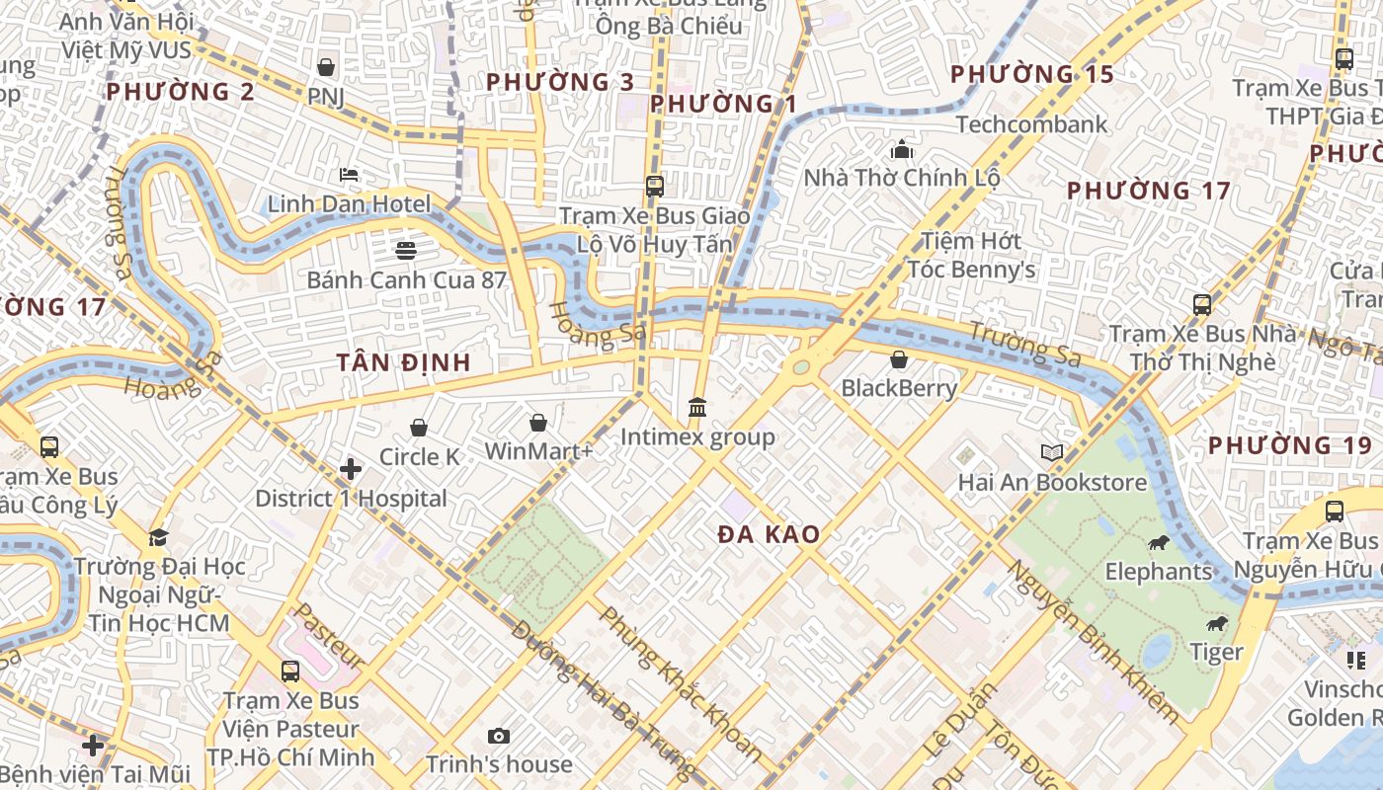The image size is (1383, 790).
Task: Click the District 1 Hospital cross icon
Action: [351, 468]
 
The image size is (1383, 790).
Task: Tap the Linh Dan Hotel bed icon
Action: [349, 175]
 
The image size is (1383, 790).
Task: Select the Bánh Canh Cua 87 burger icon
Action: [406, 250]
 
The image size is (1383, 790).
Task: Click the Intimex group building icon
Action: [697, 407]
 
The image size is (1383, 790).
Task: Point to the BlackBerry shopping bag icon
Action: [899, 359]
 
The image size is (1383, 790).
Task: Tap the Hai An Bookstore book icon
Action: [1052, 452]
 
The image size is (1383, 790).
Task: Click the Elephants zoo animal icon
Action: [1159, 542]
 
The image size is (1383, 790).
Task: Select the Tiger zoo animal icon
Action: [1216, 623]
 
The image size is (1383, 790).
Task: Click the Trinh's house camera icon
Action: [499, 736]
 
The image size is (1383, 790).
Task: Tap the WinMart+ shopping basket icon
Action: [538, 423]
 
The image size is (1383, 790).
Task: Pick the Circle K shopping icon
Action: [419, 428]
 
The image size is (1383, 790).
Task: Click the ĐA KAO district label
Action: [769, 534]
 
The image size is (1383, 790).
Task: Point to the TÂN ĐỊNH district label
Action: [403, 362]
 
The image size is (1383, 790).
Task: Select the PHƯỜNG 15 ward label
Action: [1031, 74]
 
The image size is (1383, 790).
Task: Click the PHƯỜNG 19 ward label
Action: [1290, 445]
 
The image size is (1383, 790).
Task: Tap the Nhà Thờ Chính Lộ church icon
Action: [901, 150]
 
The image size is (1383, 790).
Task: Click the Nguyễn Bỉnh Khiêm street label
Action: [1092, 640]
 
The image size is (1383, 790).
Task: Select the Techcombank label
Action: [1031, 124]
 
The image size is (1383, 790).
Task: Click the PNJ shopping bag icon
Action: [326, 67]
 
